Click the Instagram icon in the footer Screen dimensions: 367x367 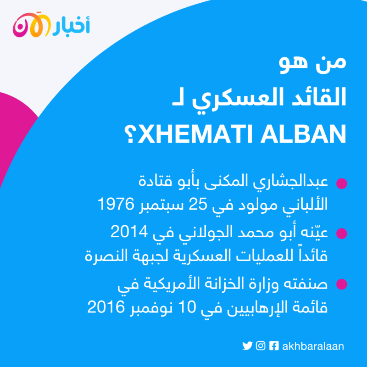261,346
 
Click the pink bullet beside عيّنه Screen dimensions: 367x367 342,234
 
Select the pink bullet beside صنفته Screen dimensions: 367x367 342,284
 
